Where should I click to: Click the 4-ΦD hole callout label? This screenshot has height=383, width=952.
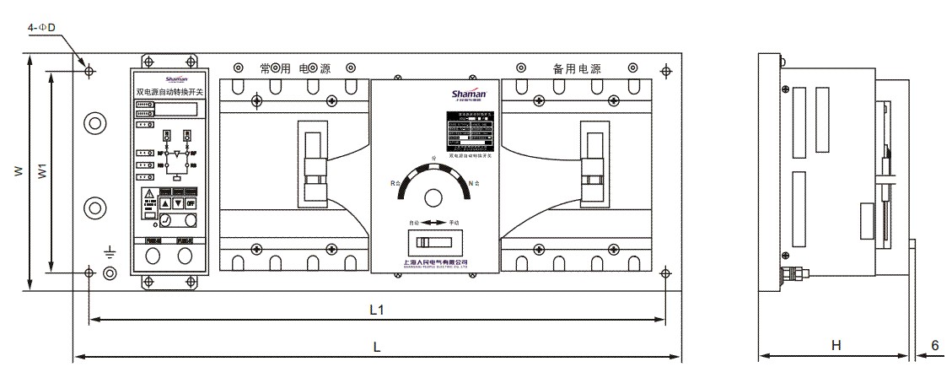click(x=40, y=28)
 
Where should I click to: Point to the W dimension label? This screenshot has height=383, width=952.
click(x=17, y=170)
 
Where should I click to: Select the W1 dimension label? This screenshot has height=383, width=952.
click(x=40, y=171)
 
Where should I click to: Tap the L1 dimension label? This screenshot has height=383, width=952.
click(x=377, y=310)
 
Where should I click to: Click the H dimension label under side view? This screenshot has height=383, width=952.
click(x=836, y=345)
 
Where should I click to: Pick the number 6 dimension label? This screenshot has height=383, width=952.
click(x=935, y=345)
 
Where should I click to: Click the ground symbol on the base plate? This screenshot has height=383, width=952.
click(x=109, y=251)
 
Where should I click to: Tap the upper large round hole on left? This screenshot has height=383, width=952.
click(x=94, y=123)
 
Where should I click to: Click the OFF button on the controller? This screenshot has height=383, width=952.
click(x=191, y=203)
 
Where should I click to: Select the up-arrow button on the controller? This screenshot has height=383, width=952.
click(x=165, y=203)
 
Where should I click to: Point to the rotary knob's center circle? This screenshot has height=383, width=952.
click(x=433, y=197)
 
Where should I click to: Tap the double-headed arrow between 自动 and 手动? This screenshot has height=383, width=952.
click(x=433, y=223)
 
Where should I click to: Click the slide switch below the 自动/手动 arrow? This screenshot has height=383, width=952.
click(x=433, y=245)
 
